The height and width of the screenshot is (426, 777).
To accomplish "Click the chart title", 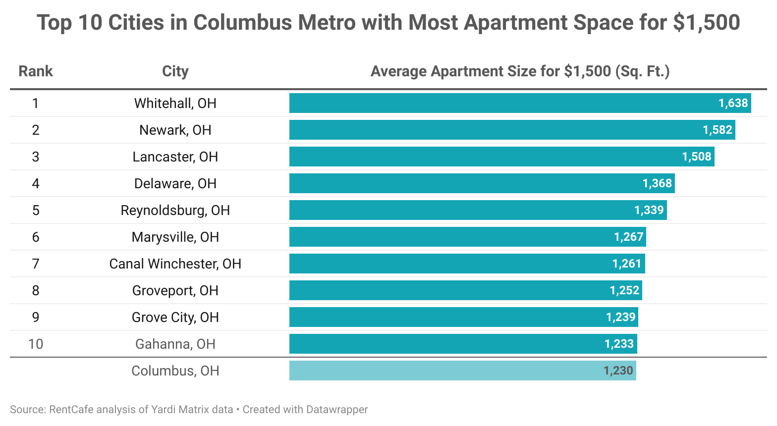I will click(388, 23).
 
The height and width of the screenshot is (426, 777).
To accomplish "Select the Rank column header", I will click(36, 71).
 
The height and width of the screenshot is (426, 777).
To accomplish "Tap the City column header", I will click(175, 71).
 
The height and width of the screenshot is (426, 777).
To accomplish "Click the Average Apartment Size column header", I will click(520, 71).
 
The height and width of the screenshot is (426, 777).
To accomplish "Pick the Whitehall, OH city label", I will click(175, 103).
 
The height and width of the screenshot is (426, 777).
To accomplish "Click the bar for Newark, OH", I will click(496, 130).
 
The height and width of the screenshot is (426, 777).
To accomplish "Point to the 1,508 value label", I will click(696, 157).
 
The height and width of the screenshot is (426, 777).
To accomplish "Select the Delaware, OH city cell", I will click(175, 183).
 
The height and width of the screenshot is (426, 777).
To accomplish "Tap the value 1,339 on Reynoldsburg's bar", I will click(649, 210).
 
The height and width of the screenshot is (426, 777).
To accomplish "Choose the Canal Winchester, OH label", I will click(175, 264).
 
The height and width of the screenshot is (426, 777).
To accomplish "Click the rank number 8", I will click(36, 290).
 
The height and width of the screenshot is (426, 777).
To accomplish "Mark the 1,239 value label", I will click(620, 317).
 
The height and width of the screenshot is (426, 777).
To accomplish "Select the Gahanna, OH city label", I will click(175, 344).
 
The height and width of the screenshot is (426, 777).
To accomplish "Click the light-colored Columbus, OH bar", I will click(446, 371).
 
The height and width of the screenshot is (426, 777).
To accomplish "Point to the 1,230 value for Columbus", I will click(618, 371).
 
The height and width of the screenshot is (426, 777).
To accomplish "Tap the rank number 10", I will click(36, 344).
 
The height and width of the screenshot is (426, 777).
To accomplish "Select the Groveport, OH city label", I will click(175, 290).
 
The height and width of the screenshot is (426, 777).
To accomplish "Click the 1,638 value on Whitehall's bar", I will click(733, 103).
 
